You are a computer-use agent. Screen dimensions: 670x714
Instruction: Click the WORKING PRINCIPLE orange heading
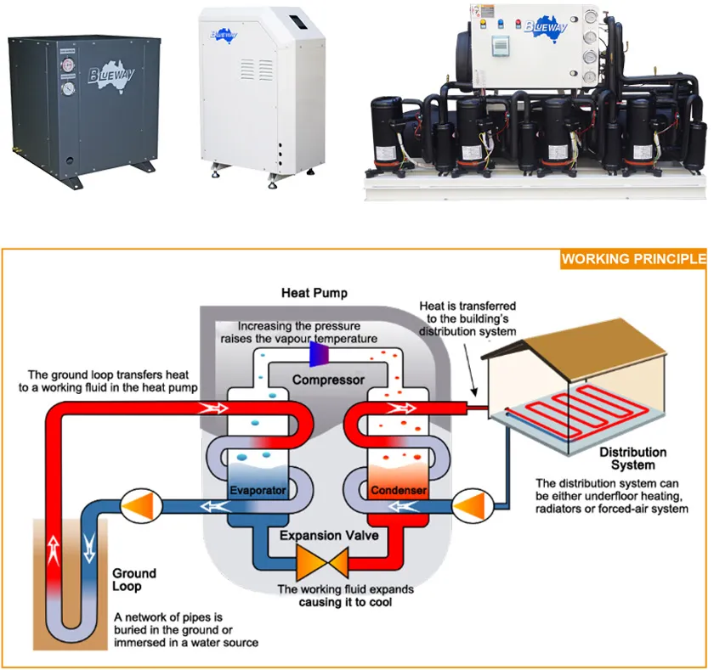click(x=633, y=259)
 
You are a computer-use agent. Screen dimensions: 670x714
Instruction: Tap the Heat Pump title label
click(x=314, y=293)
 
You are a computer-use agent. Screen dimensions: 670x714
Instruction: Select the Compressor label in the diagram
click(x=328, y=380)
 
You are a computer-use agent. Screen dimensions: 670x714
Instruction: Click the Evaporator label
click(x=258, y=491)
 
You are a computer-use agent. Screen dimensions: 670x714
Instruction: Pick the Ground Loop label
click(x=134, y=580)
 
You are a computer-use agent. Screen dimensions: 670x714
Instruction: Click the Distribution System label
click(x=633, y=459)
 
